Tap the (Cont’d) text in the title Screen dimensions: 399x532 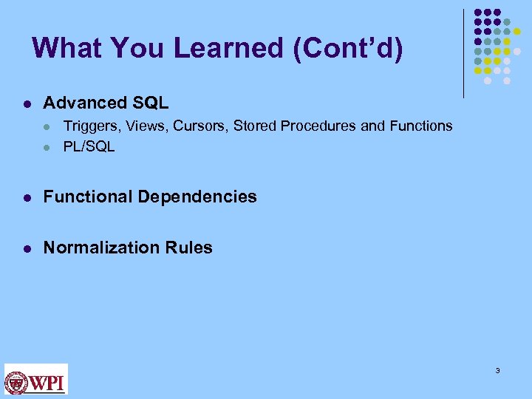tap(348, 48)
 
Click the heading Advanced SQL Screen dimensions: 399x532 tap(106, 103)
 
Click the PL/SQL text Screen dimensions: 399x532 tap(89, 146)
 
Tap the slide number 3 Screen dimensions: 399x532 tap(498, 370)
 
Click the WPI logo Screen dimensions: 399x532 tap(36, 379)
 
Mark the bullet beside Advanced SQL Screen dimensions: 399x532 tap(26, 103)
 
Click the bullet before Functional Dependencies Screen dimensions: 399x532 tap(26, 197)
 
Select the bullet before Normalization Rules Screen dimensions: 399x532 tap(26, 248)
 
